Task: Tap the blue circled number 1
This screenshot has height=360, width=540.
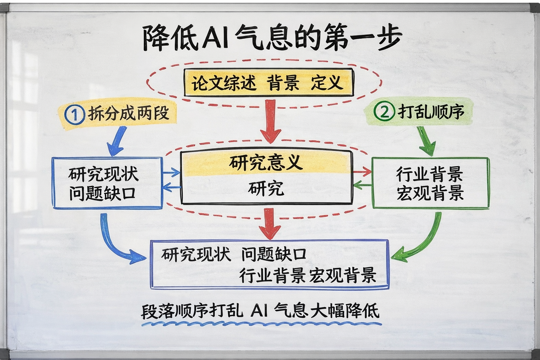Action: pos(75,114)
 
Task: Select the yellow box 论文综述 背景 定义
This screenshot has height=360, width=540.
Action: pos(268,83)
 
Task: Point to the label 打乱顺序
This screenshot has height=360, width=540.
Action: pos(431,111)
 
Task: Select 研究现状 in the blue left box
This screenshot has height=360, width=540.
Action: pos(103,174)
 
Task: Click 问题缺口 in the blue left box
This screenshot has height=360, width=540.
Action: pos(103,193)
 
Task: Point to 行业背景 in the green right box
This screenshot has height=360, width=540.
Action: pos(430,174)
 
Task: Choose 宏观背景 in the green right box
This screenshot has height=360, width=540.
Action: pos(430,193)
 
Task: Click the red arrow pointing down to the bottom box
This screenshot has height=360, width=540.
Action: pos(270,224)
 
